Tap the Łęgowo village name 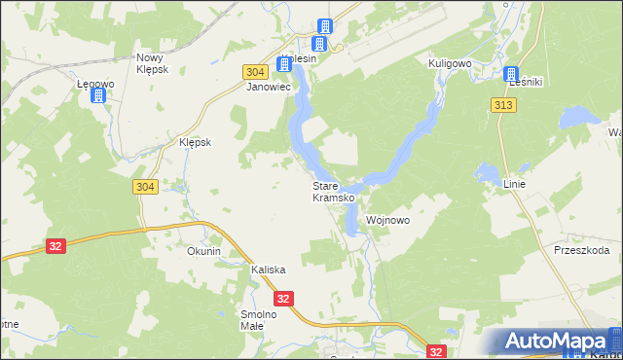click(x=96, y=84)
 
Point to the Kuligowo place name click(x=450, y=62)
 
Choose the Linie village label click(x=514, y=184)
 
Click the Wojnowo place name click(x=387, y=221)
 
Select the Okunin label click(x=204, y=251)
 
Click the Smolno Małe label click(x=259, y=320)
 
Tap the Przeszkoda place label click(x=581, y=250)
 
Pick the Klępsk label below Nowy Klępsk click(x=196, y=141)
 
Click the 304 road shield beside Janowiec click(x=254, y=73)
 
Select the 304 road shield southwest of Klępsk click(x=143, y=187)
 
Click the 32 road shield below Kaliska click(x=283, y=300)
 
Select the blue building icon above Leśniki click(x=512, y=73)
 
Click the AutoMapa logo click(x=555, y=342)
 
